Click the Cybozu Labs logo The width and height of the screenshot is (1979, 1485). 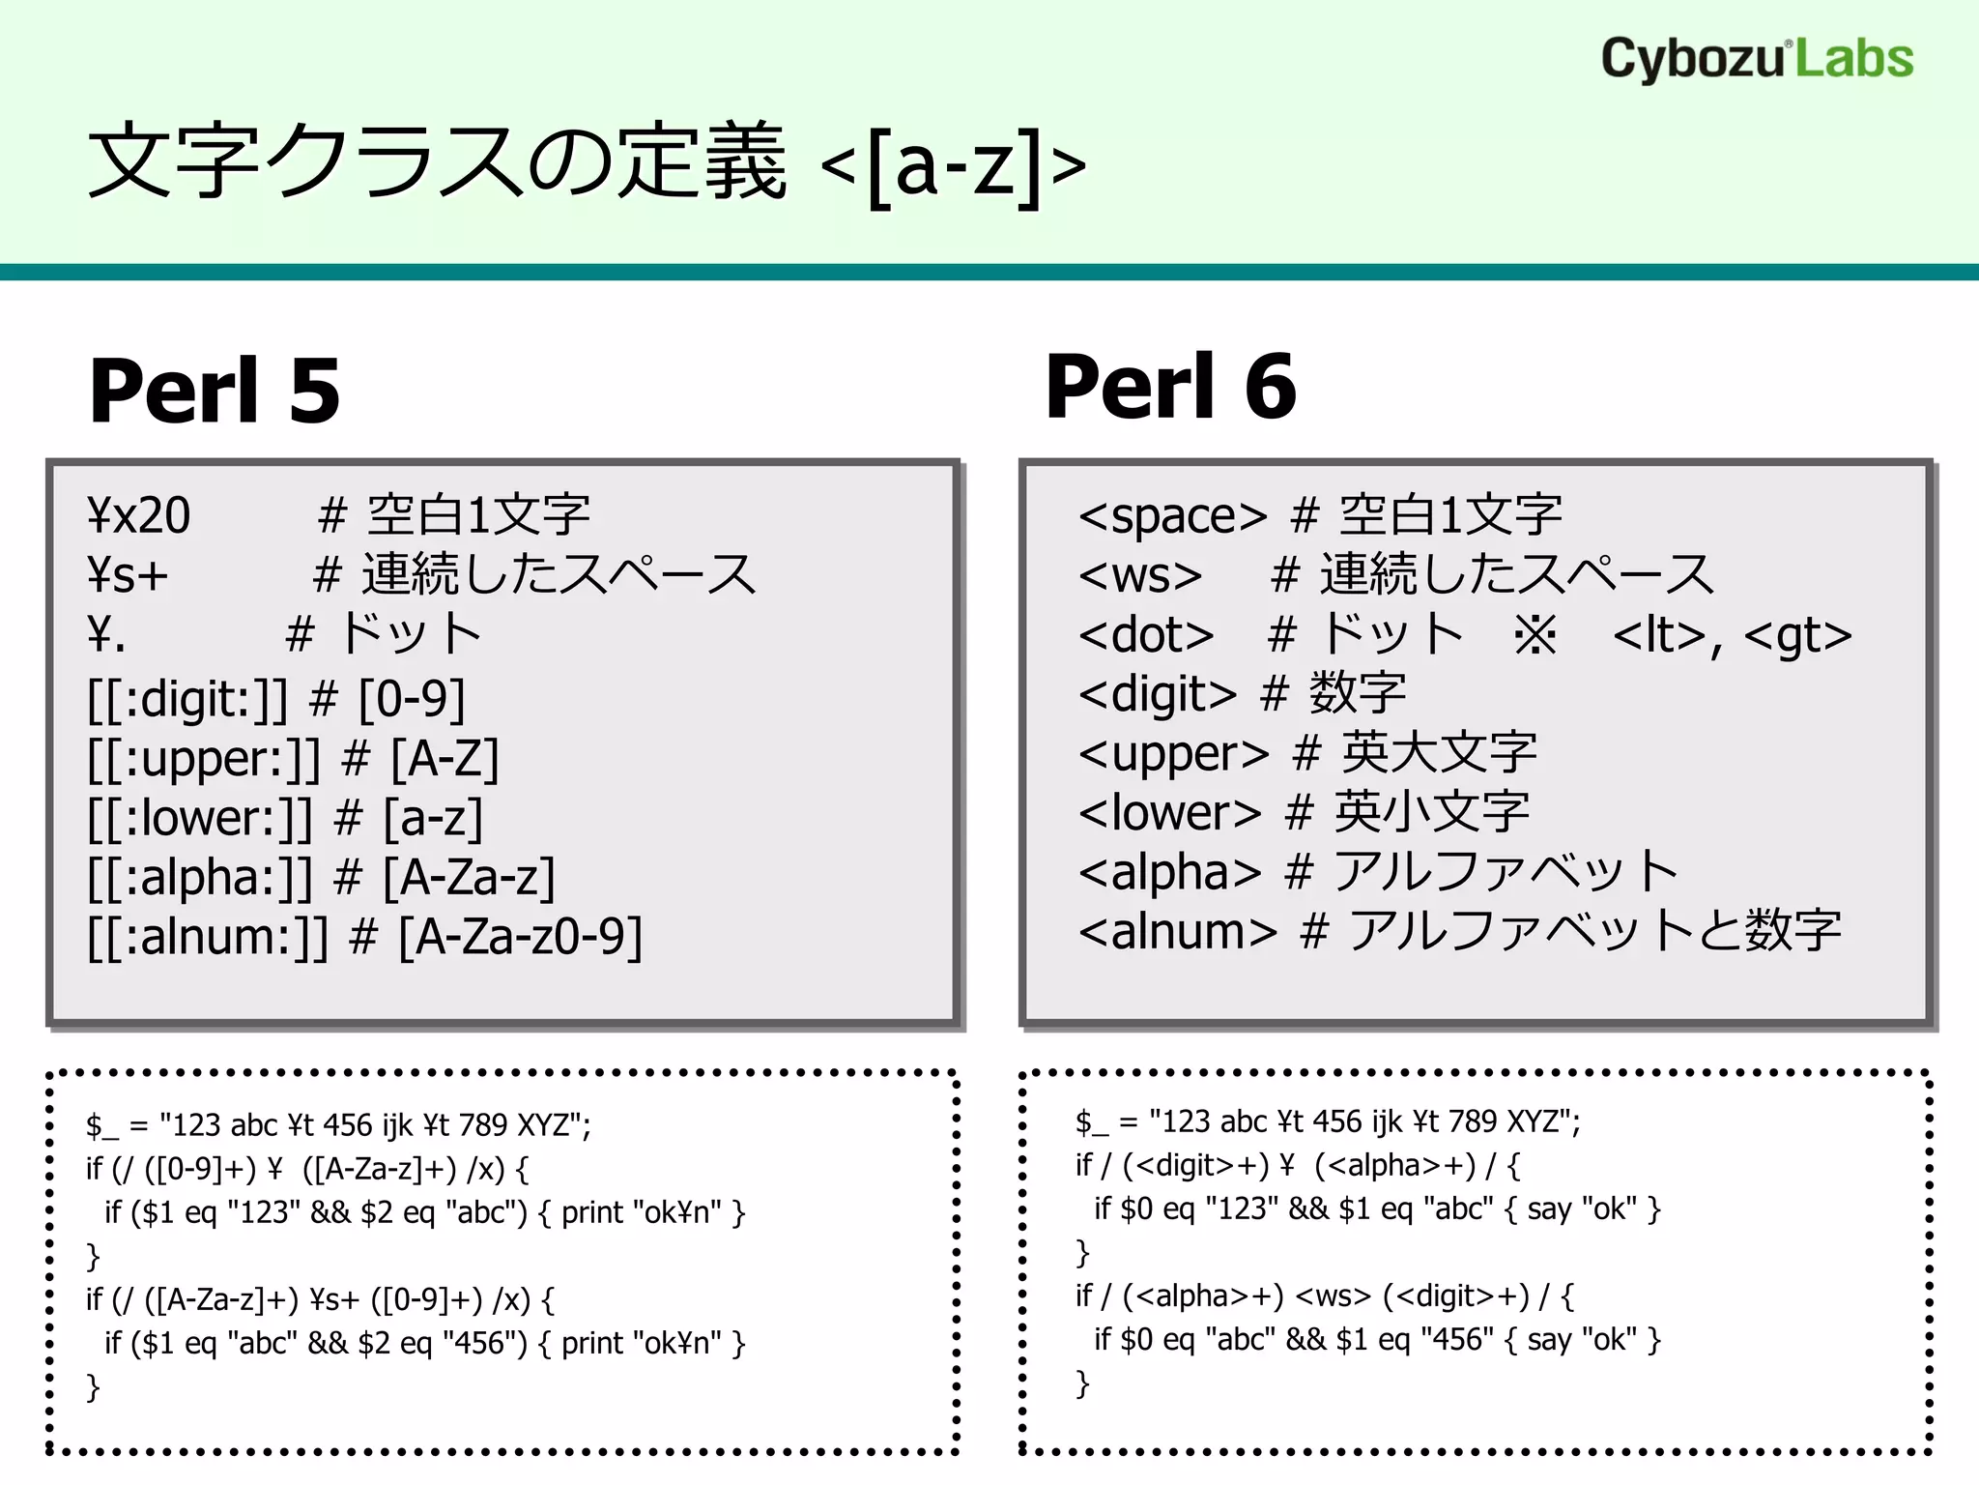[1757, 60]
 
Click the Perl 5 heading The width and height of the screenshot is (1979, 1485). [215, 392]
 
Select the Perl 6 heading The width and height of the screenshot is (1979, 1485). [1170, 387]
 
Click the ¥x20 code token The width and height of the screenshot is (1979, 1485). [139, 516]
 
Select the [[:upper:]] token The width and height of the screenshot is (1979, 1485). [203, 759]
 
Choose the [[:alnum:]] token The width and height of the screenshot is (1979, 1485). [208, 937]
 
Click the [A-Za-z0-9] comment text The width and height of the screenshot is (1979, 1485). [520, 937]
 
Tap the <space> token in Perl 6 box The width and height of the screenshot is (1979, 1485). [1172, 516]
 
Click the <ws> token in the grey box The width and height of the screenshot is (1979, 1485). [1140, 576]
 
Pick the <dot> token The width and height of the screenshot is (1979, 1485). [1146, 635]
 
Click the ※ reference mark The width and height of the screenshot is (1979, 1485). [1535, 635]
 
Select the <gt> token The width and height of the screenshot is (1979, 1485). [1798, 635]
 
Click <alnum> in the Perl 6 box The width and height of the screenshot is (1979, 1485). [1178, 931]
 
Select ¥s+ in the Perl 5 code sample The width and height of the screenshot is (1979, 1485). [334, 1300]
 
